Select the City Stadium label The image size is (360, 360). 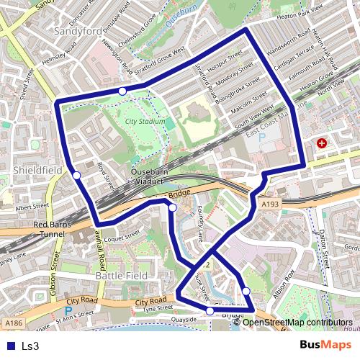click(145, 122)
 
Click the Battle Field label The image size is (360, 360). click(122, 276)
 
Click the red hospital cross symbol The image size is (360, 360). click(321, 144)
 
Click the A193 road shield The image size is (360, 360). click(270, 205)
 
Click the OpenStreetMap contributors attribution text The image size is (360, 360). click(297, 322)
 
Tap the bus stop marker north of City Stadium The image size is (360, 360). click(123, 91)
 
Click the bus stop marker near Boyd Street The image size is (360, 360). click(76, 174)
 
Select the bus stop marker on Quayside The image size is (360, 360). click(210, 311)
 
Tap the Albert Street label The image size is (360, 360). click(31, 207)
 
